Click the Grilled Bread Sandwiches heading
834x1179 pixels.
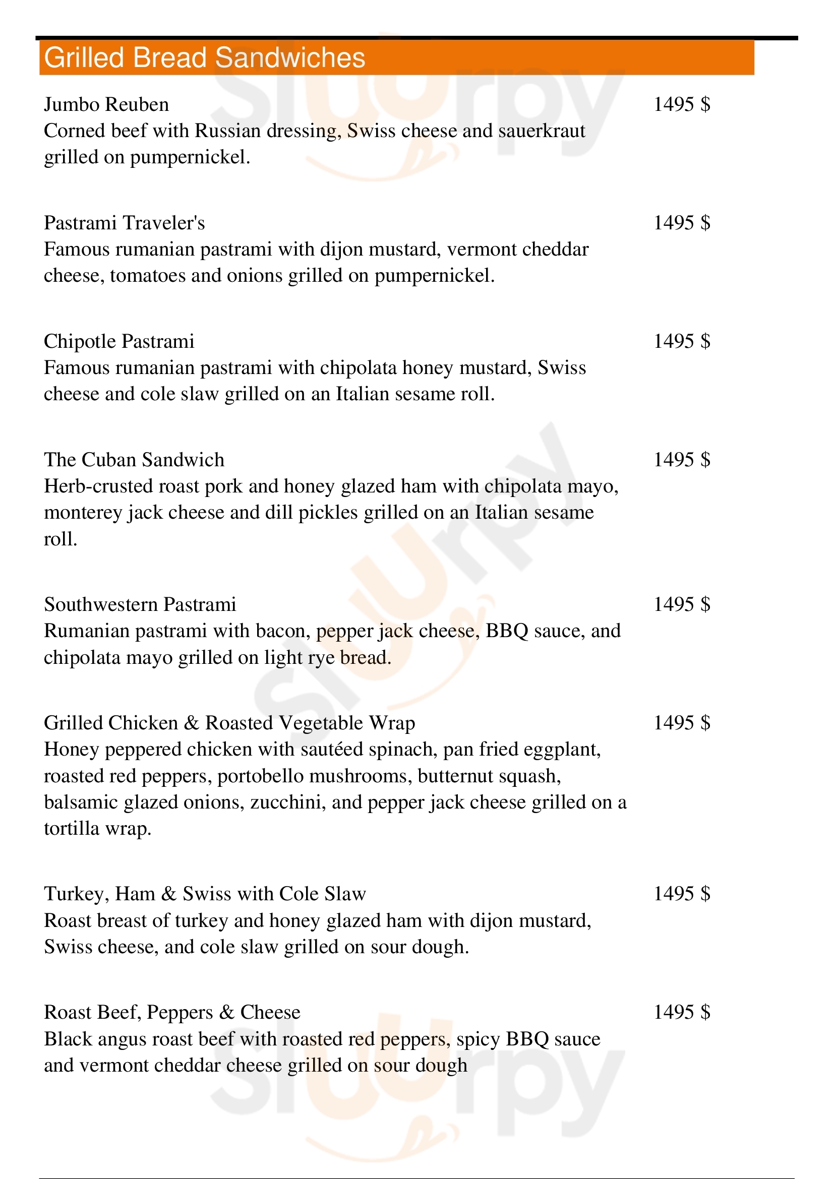(x=204, y=57)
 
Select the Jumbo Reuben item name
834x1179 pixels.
(x=106, y=105)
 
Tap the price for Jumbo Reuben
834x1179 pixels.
(x=682, y=105)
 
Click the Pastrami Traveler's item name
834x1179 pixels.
(x=124, y=223)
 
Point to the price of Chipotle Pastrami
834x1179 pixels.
(x=682, y=341)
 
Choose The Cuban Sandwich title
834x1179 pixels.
(x=134, y=460)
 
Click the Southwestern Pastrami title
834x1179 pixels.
(x=140, y=604)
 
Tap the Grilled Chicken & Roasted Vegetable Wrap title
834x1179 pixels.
(x=229, y=723)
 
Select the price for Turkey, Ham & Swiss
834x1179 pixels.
(x=682, y=894)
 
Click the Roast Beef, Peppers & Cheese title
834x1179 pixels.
(x=172, y=1012)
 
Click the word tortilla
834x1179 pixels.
(x=72, y=829)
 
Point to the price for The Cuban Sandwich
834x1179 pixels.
(x=682, y=460)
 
